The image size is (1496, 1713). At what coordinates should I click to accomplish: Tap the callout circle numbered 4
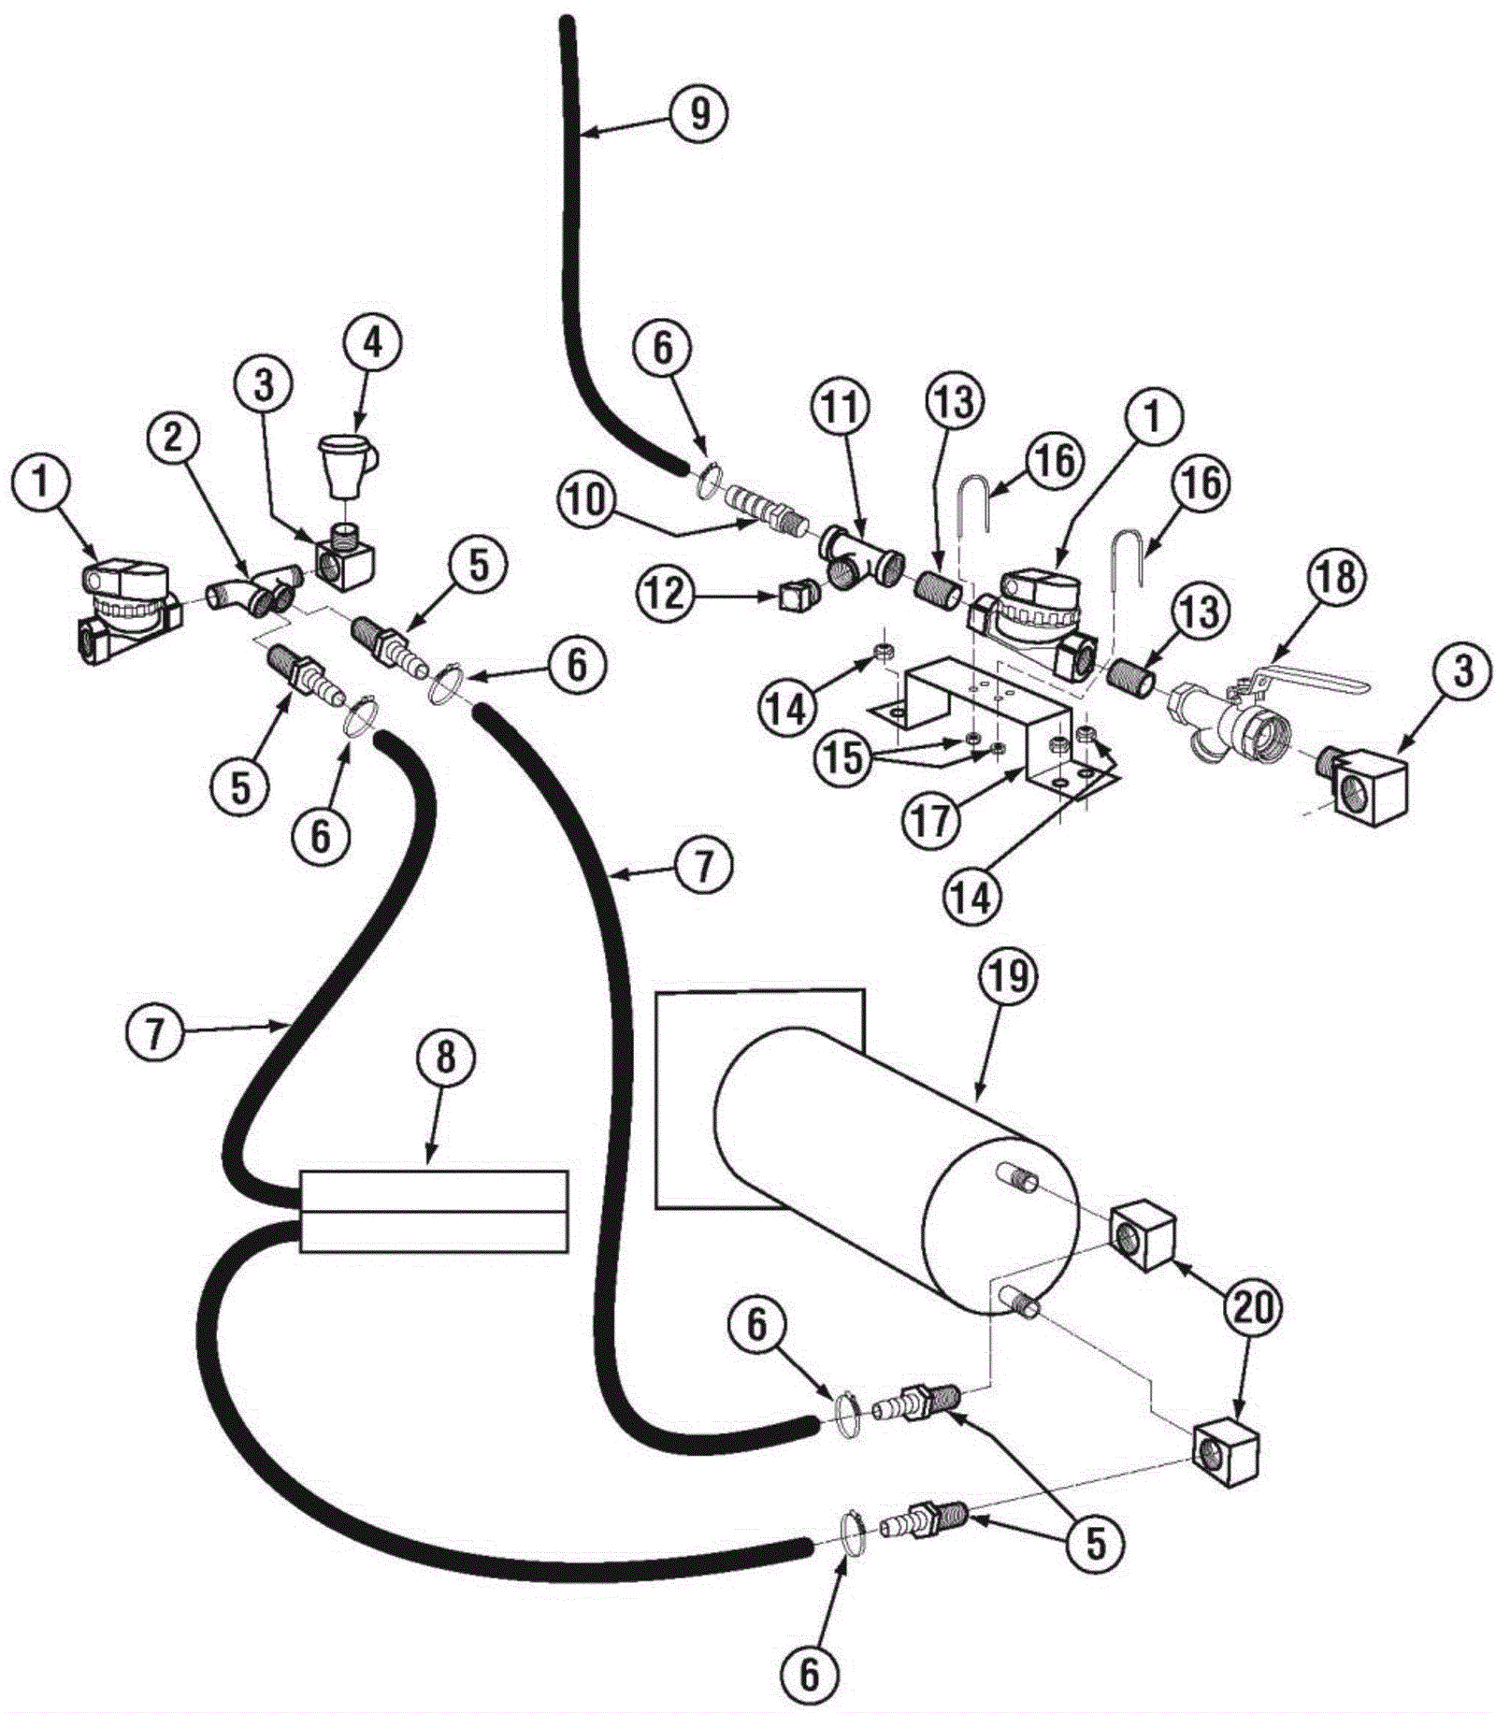coord(372,344)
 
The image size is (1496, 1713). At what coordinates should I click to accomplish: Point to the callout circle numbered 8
coord(445,1057)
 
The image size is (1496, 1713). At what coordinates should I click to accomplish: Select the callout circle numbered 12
coord(667,593)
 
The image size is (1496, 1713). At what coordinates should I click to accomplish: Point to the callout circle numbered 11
coord(841,409)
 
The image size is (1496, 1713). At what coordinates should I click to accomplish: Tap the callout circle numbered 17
coord(932,821)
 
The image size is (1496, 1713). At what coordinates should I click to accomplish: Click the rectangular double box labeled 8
coord(433,1211)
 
